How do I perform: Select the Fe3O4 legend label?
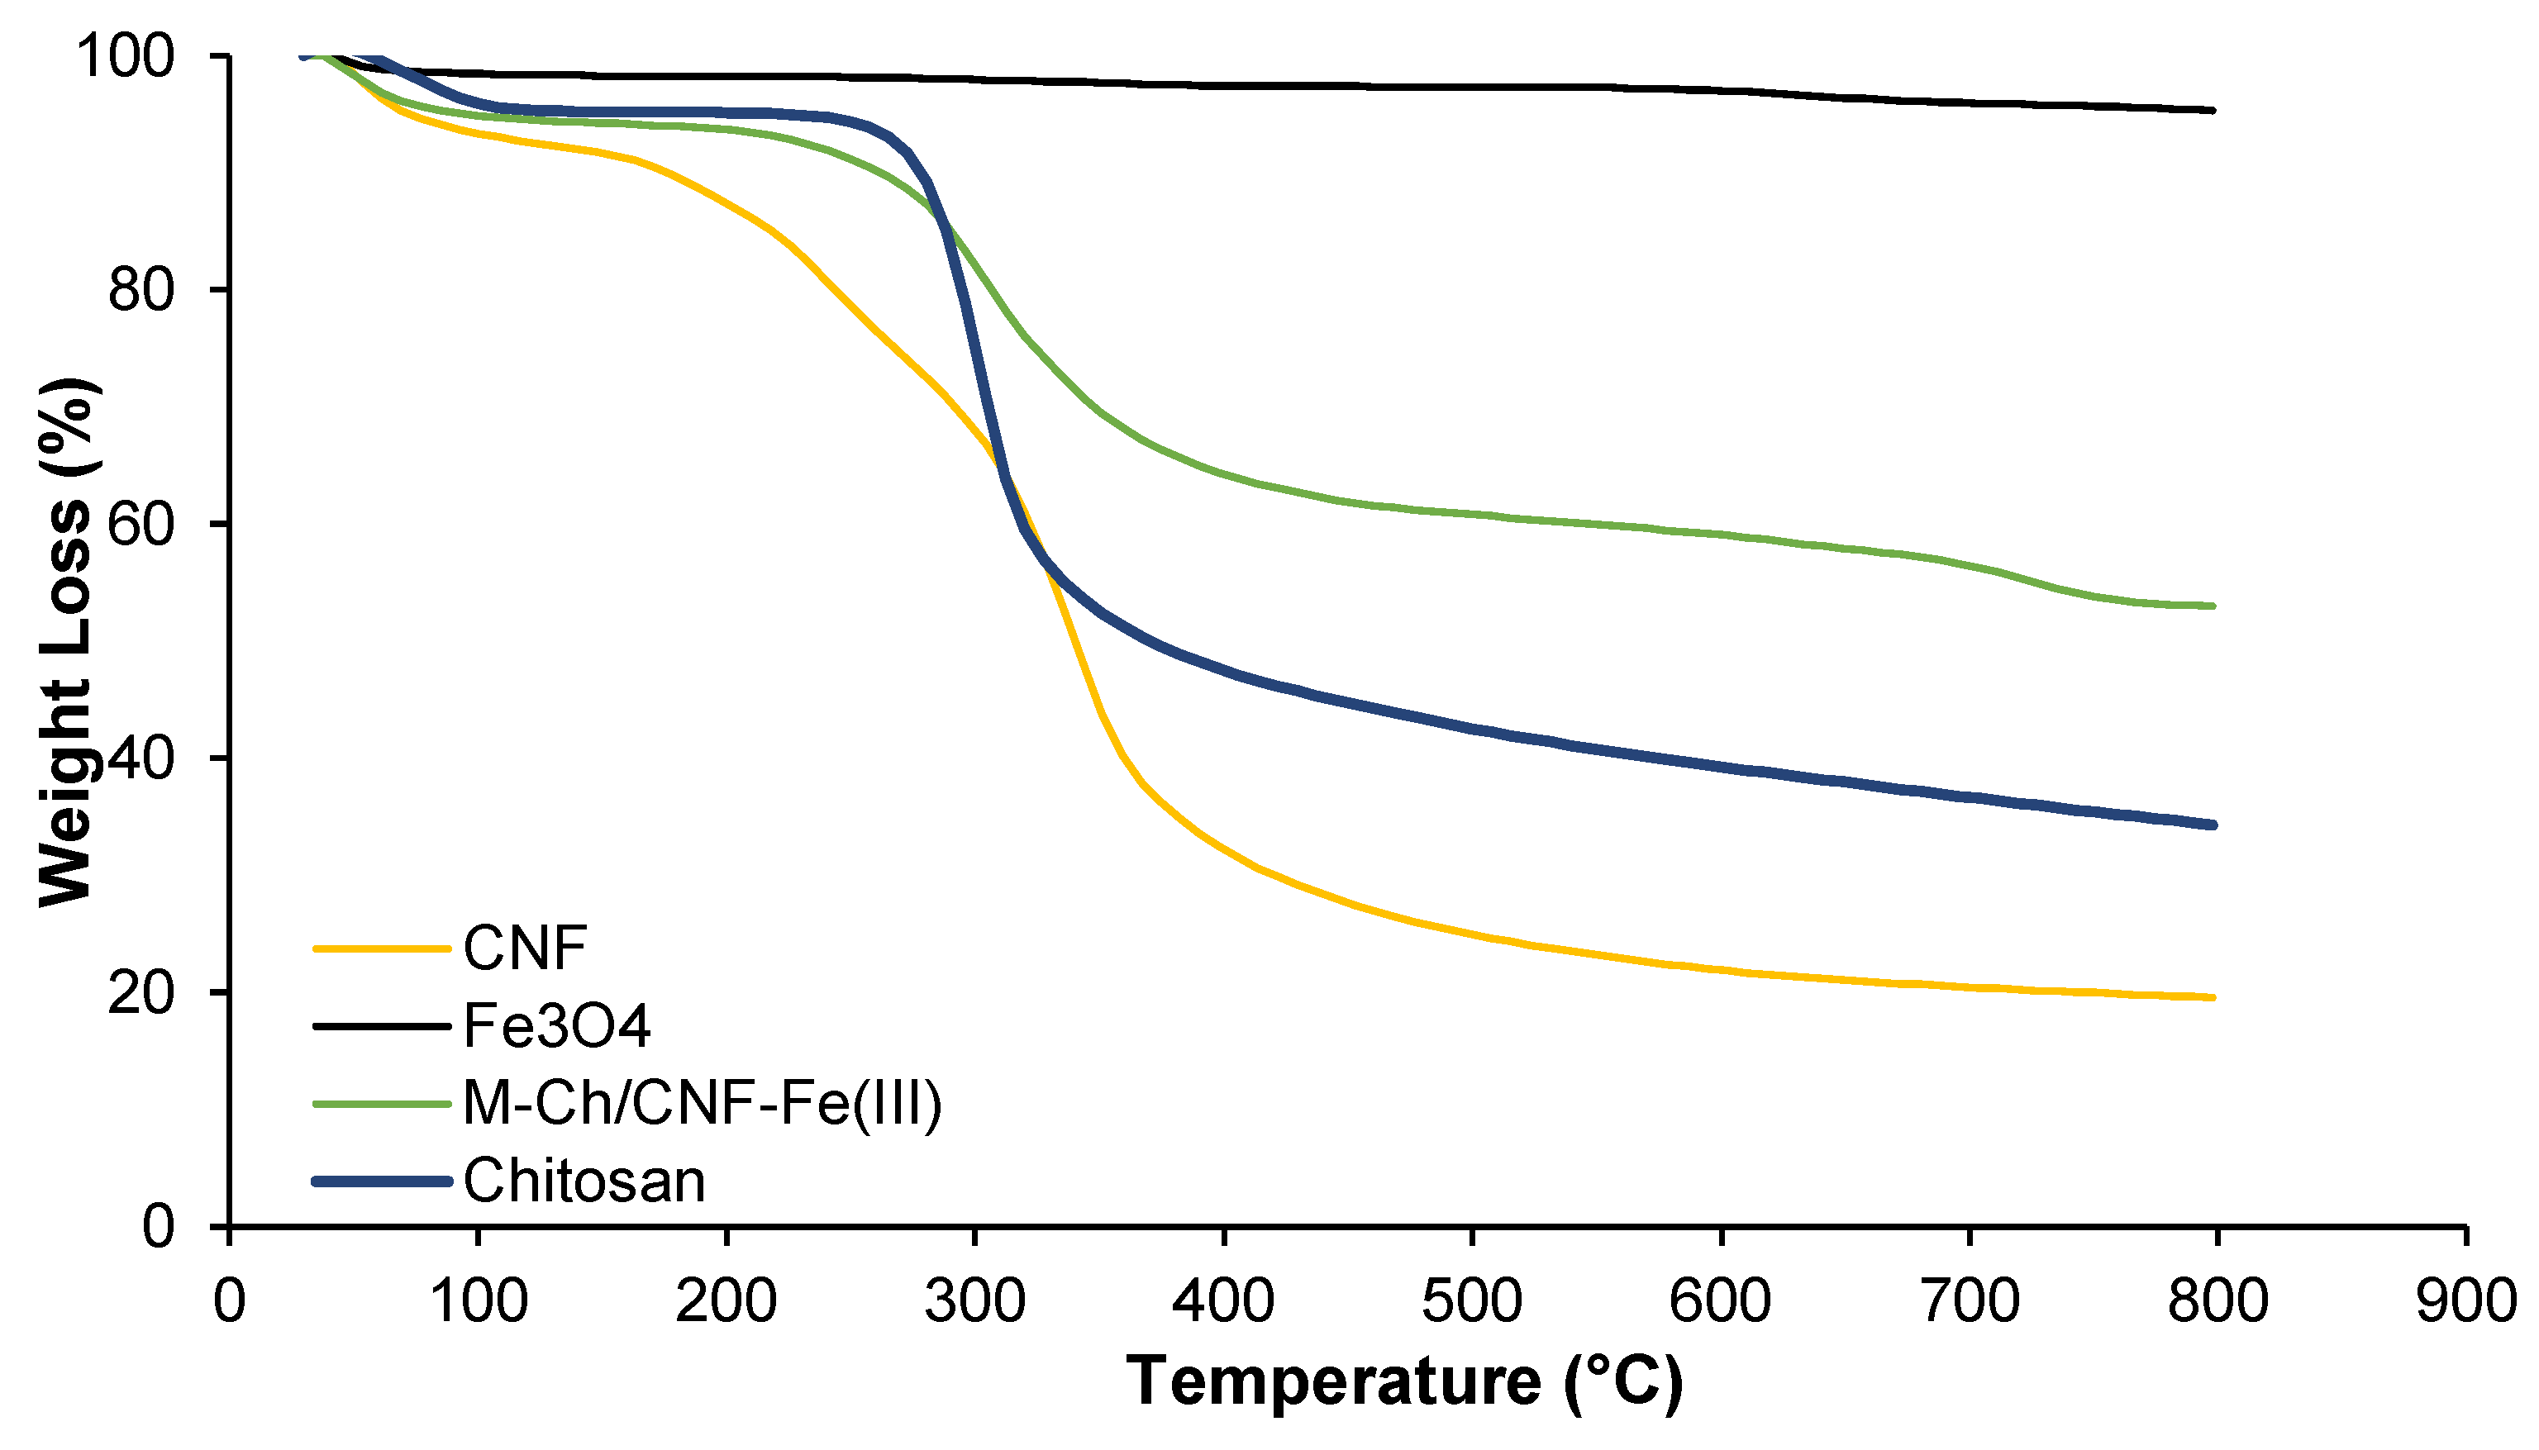[x=557, y=1026]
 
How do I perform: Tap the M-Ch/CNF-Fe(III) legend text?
[x=703, y=1104]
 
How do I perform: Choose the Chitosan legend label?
[x=584, y=1181]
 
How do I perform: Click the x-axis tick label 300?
[x=974, y=1301]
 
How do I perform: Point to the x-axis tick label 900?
[x=2465, y=1301]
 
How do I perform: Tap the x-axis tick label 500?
[x=1471, y=1301]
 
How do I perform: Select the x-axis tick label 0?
[x=229, y=1301]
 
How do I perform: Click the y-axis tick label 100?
[x=126, y=56]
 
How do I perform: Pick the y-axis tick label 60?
[x=141, y=524]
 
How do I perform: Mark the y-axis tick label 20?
[x=141, y=993]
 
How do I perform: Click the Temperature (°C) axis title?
[x=1404, y=1382]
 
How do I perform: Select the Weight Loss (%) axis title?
[x=68, y=642]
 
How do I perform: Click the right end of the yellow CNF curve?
[x=2213, y=997]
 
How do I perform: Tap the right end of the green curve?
[x=2213, y=606]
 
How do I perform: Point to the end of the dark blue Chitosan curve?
[x=2213, y=825]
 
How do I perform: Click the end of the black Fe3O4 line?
[x=2213, y=111]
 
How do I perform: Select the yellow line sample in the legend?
[x=383, y=948]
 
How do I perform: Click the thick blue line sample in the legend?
[x=383, y=1181]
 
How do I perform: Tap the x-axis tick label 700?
[x=1970, y=1301]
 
